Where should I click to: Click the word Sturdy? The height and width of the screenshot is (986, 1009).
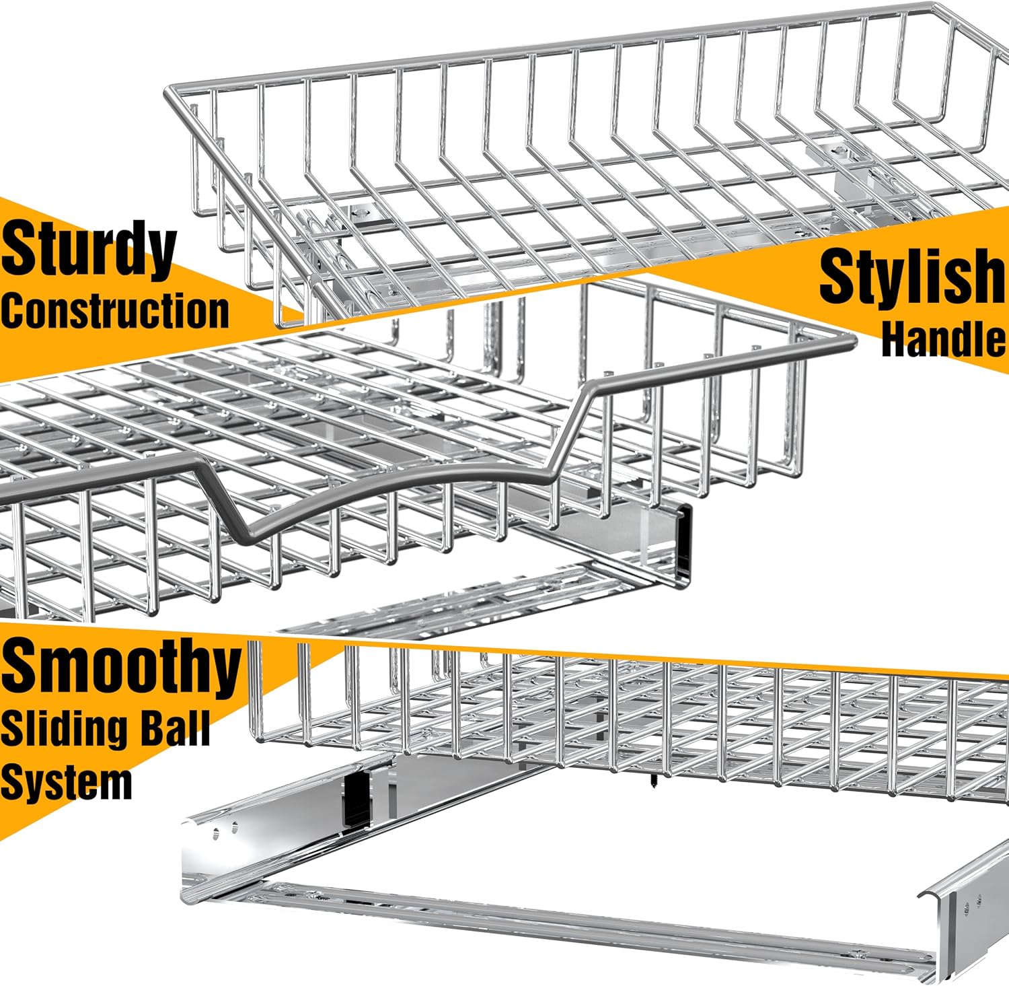(x=88, y=250)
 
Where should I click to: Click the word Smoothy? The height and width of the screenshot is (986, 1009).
(x=121, y=666)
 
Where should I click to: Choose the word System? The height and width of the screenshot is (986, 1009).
(x=66, y=783)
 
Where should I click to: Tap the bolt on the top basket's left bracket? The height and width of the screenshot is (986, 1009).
(x=360, y=213)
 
